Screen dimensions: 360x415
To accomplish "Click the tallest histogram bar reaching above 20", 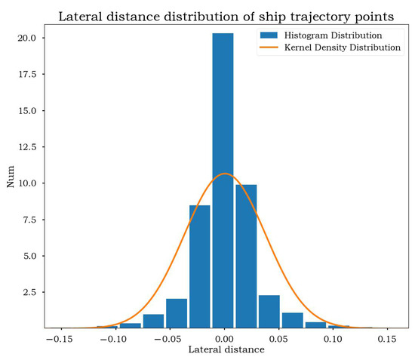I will pyautogui.click(x=223, y=181).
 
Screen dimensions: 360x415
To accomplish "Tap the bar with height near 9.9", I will pyautogui.click(x=246, y=257).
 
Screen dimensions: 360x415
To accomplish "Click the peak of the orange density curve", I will pyautogui.click(x=224, y=174).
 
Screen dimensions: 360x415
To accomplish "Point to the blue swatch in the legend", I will pyautogui.click(x=269, y=35).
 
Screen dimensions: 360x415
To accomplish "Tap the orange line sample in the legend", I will pyautogui.click(x=269, y=47).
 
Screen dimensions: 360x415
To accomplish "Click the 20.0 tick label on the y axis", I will pyautogui.click(x=28, y=38).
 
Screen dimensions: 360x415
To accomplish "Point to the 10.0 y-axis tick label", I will pyautogui.click(x=28, y=183).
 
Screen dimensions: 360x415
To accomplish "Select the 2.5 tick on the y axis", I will pyautogui.click(x=30, y=292).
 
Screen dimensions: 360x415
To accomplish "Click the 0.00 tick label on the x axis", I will pyautogui.click(x=223, y=340).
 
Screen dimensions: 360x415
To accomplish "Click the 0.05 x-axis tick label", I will pyautogui.click(x=278, y=340).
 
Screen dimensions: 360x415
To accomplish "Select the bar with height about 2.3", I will pyautogui.click(x=269, y=311).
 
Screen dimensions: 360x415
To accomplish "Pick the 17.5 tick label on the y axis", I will pyautogui.click(x=28, y=74).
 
